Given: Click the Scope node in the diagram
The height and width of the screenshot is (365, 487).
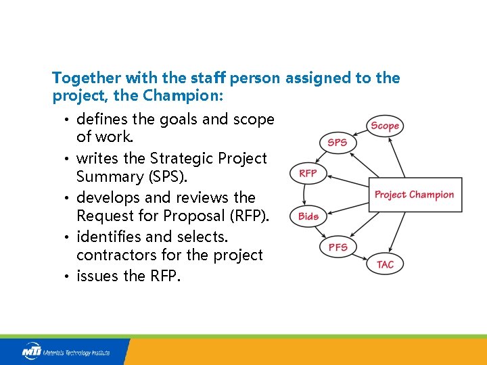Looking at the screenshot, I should click(385, 126).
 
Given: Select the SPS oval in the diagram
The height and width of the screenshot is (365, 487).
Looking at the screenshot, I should click(337, 143).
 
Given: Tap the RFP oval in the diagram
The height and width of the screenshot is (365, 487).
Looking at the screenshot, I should click(308, 174).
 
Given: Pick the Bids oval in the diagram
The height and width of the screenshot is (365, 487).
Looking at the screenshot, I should click(308, 216).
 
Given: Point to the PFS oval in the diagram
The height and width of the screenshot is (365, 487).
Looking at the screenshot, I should click(338, 247).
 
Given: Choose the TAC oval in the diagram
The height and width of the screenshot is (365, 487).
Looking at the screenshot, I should click(385, 264).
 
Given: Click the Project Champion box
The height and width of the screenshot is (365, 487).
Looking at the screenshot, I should click(415, 195).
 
